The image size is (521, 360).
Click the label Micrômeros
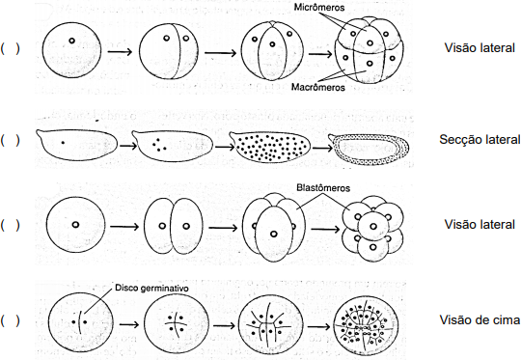pyautogui.click(x=319, y=7)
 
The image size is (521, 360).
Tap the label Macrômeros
pyautogui.click(x=318, y=87)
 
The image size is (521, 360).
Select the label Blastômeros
pyautogui.click(x=323, y=188)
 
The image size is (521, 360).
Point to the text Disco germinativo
pyautogui.click(x=151, y=288)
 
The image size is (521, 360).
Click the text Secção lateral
pyautogui.click(x=480, y=139)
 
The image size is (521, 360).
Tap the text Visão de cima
pyautogui.click(x=480, y=319)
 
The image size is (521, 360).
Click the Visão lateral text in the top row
pyautogui.click(x=480, y=48)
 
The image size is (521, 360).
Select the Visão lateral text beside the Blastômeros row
pyautogui.click(x=480, y=224)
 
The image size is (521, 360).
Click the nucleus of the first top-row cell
pyautogui.click(x=71, y=41)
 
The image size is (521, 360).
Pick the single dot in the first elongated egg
pyautogui.click(x=63, y=143)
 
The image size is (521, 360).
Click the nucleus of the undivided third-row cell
pyautogui.click(x=75, y=225)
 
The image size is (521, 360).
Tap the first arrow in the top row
pyautogui.click(x=120, y=51)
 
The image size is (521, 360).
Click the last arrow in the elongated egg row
pyautogui.click(x=322, y=148)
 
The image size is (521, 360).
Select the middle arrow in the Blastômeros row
pyautogui.click(x=223, y=228)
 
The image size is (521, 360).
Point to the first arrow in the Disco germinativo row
pyautogui.click(x=129, y=324)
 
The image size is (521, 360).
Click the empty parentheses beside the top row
pyautogui.click(x=10, y=48)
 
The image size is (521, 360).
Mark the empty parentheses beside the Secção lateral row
pyautogui.click(x=10, y=140)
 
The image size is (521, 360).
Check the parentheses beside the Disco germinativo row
pyautogui.click(x=10, y=320)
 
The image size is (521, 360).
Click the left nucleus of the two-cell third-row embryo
pyautogui.click(x=162, y=226)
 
